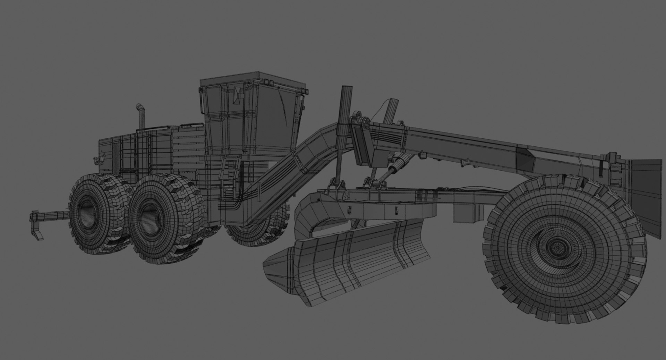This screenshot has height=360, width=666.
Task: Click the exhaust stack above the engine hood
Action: click(x=141, y=116)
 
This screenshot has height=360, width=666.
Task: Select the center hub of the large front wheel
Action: click(x=557, y=248)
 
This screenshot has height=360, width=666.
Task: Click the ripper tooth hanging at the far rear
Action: click(x=38, y=231)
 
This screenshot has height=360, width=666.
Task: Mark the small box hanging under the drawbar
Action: click(x=463, y=213)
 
